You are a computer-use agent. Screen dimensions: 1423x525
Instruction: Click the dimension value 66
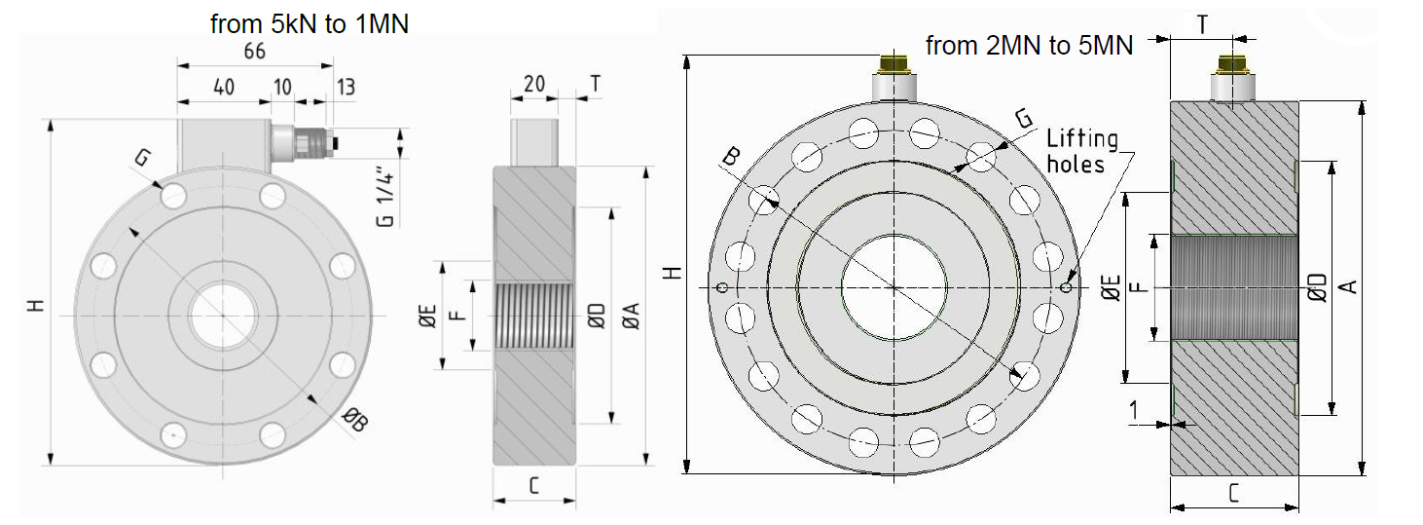255,52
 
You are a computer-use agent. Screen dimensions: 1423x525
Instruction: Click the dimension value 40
224,87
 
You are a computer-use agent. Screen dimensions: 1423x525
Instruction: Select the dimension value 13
346,87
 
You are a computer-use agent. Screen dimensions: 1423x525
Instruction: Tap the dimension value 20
534,83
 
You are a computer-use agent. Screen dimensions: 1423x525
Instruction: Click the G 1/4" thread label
385,198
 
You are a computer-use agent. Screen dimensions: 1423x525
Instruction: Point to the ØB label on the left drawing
355,420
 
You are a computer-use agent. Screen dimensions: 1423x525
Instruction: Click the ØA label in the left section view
631,316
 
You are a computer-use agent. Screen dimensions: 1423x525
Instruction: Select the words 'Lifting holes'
1082,151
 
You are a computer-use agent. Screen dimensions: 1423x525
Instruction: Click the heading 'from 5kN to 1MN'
310,24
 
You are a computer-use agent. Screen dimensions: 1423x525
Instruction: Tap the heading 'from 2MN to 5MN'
1029,46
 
